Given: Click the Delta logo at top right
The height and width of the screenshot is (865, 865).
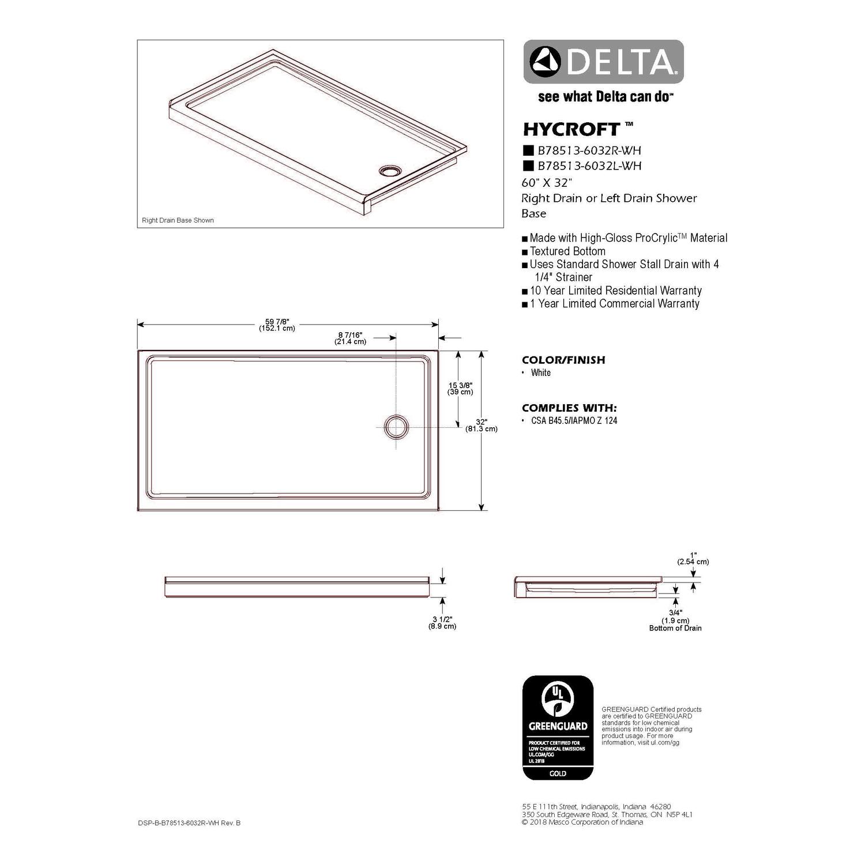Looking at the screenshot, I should click(603, 62).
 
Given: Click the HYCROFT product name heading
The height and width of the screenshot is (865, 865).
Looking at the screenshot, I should click(571, 128).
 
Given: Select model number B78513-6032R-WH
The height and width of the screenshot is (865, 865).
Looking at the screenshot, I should click(589, 151).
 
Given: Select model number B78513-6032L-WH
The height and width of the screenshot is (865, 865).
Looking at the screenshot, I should click(589, 166).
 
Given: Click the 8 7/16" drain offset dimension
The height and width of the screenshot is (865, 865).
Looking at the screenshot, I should click(350, 338).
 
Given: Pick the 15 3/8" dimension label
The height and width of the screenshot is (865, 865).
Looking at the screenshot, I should click(460, 388).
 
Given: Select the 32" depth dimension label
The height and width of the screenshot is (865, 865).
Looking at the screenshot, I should click(482, 425).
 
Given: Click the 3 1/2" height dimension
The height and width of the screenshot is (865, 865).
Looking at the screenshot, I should click(442, 622).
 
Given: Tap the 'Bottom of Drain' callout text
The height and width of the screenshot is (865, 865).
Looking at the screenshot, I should click(675, 628).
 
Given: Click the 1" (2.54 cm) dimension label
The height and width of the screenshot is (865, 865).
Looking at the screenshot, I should click(693, 558).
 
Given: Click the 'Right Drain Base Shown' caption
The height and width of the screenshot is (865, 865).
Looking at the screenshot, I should click(178, 220).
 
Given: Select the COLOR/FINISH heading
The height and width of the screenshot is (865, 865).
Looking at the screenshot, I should click(563, 360).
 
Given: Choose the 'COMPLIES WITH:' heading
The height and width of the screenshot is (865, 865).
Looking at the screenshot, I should click(569, 408).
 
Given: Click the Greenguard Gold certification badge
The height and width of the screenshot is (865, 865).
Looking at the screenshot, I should click(558, 728).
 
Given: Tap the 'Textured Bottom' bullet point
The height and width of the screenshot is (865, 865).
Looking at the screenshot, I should click(567, 251).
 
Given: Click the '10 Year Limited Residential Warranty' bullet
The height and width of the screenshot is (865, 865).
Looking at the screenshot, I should click(615, 291).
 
